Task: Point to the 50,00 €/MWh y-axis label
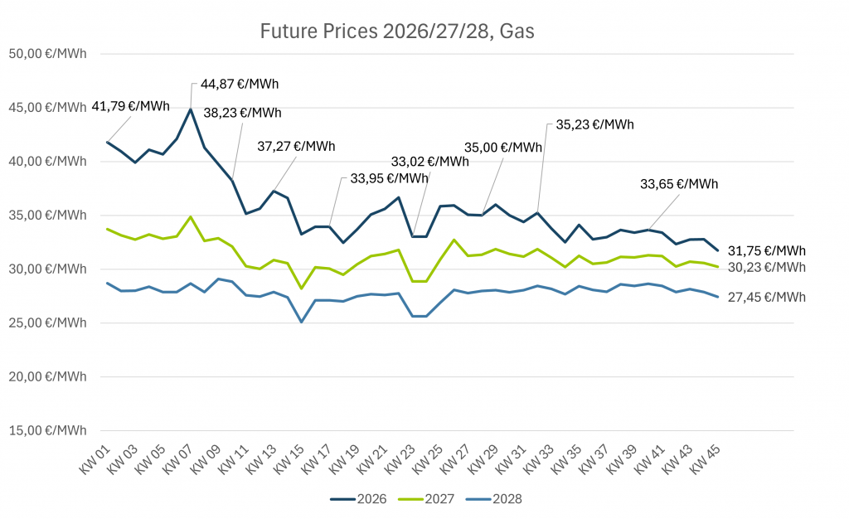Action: (x=47, y=54)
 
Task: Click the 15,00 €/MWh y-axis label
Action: (x=47, y=430)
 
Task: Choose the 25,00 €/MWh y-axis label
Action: (x=47, y=323)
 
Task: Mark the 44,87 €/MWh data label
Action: (x=239, y=84)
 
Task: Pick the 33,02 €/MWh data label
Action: (x=429, y=162)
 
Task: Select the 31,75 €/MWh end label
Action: (x=767, y=250)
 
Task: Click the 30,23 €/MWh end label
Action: (x=767, y=267)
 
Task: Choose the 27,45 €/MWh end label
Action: (x=767, y=297)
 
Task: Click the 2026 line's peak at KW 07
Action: (x=191, y=109)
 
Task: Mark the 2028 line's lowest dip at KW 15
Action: (x=302, y=322)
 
